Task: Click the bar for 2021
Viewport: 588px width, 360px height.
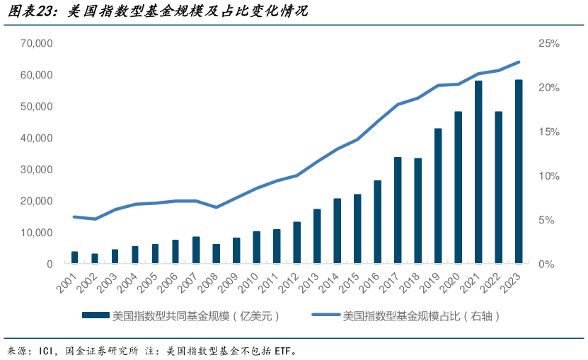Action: click(478, 173)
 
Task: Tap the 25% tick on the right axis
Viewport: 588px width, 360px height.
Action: click(549, 44)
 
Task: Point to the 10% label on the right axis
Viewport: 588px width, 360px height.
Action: click(549, 176)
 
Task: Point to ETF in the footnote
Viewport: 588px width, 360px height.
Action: click(282, 350)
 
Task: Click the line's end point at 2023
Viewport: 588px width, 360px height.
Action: click(519, 62)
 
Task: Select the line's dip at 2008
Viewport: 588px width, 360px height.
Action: click(217, 207)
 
